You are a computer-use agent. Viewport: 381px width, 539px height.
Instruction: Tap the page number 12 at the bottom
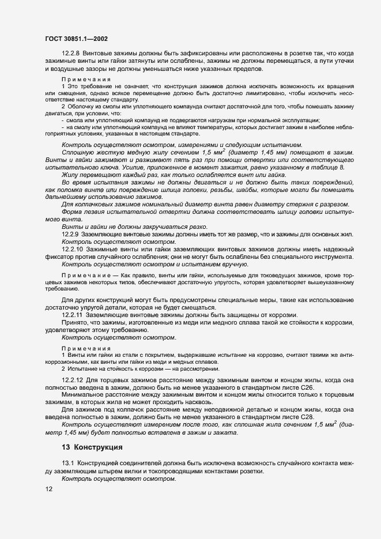coord(47,489)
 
